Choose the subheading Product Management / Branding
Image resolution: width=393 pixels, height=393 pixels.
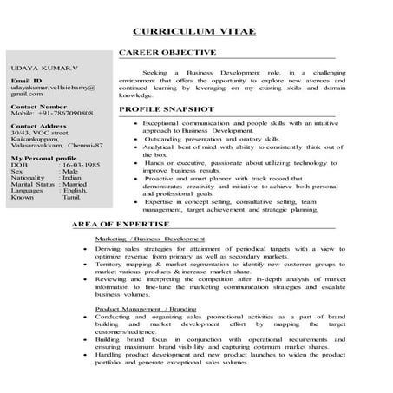[x=144, y=308]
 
